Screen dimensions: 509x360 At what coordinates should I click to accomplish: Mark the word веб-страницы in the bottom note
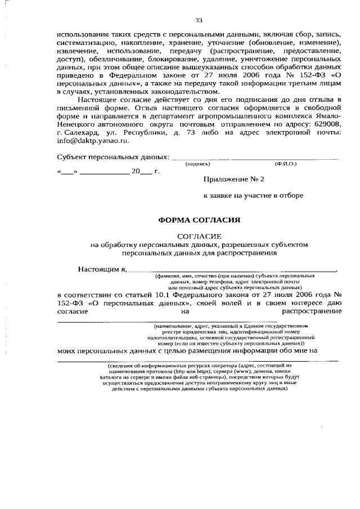point(200,377)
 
